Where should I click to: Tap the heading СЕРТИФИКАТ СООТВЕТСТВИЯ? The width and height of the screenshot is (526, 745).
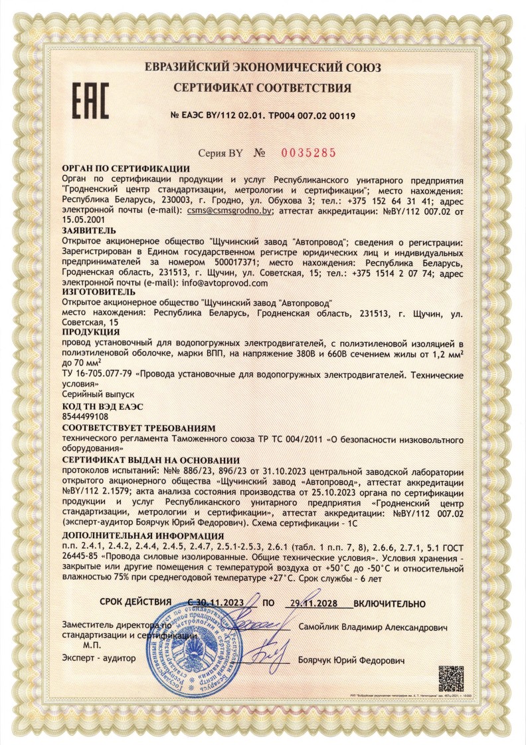[262, 88]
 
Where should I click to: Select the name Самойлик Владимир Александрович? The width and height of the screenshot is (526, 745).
[373, 627]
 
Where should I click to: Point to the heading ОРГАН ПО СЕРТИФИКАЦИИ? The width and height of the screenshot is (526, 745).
[125, 169]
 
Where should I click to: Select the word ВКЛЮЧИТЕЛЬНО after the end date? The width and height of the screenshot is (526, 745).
[389, 603]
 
